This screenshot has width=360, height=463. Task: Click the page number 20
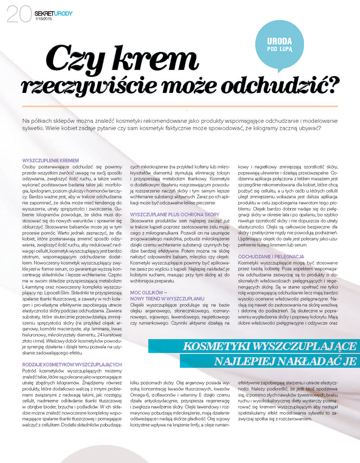pyautogui.click(x=18, y=15)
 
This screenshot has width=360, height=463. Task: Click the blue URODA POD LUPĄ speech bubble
pyautogui.click(x=280, y=44)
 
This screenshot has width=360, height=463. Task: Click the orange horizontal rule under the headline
pyautogui.click(x=180, y=106)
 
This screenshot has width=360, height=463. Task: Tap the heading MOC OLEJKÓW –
pyautogui.click(x=146, y=293)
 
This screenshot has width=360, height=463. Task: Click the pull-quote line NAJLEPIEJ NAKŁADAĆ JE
pyautogui.click(x=285, y=361)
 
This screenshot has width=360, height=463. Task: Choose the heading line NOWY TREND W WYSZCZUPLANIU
pyautogui.click(x=167, y=299)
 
